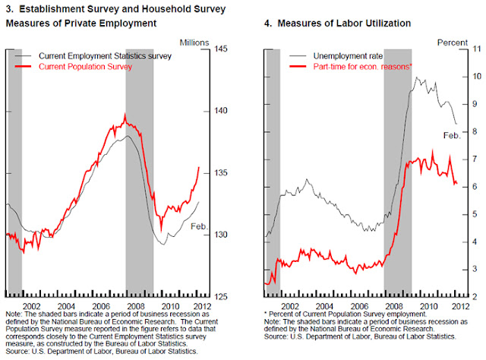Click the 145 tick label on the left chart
[223, 49]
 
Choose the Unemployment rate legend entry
[341, 56]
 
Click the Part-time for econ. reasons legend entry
[354, 67]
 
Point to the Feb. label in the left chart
[199, 226]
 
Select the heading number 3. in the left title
[9, 9]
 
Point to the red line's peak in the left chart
[125, 115]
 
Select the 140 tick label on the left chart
[223, 111]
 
